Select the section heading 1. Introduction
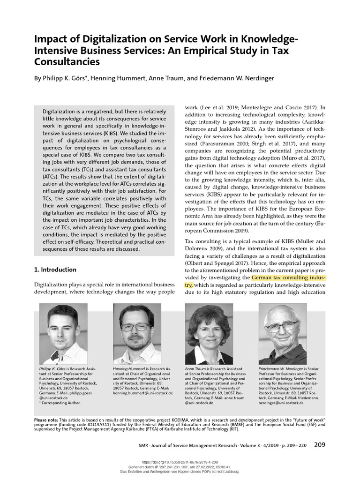click(x=55, y=270)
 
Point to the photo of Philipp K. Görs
click(x=63, y=334)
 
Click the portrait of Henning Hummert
click(x=137, y=334)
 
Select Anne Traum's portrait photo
click(x=209, y=334)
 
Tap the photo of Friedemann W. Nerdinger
click(x=283, y=334)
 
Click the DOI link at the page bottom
click(x=180, y=461)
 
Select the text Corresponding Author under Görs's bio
click(x=61, y=403)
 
